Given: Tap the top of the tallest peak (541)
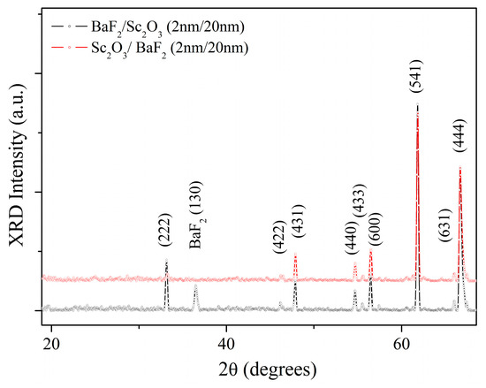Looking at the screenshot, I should (x=416, y=104).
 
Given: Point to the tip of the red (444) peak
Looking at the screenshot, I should (x=459, y=167).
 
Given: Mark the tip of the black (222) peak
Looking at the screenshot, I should (x=166, y=260).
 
